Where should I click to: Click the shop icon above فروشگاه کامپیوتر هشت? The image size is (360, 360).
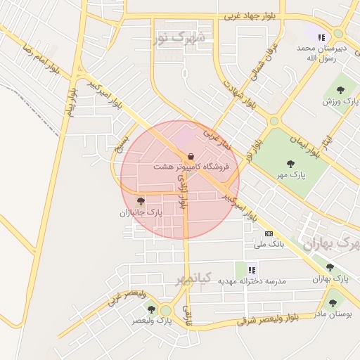pyautogui.click(x=191, y=156)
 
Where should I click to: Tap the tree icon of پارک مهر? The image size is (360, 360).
pyautogui.click(x=291, y=164)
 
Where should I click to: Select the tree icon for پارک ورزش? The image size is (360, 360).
pyautogui.click(x=340, y=90)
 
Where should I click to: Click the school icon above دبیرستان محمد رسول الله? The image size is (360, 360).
pyautogui.click(x=321, y=38)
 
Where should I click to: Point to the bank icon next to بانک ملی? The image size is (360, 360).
pyautogui.click(x=268, y=233)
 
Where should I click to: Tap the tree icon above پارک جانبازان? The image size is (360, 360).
pyautogui.click(x=141, y=201)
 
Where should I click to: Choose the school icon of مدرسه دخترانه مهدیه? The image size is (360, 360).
pyautogui.click(x=252, y=269)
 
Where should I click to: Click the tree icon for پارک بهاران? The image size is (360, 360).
pyautogui.click(x=330, y=267)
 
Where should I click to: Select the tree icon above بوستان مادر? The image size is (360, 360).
pyautogui.click(x=333, y=303)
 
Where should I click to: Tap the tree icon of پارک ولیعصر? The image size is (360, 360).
pyautogui.click(x=151, y=309)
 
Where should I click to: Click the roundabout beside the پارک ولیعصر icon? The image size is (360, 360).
pyautogui.click(x=166, y=310)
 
